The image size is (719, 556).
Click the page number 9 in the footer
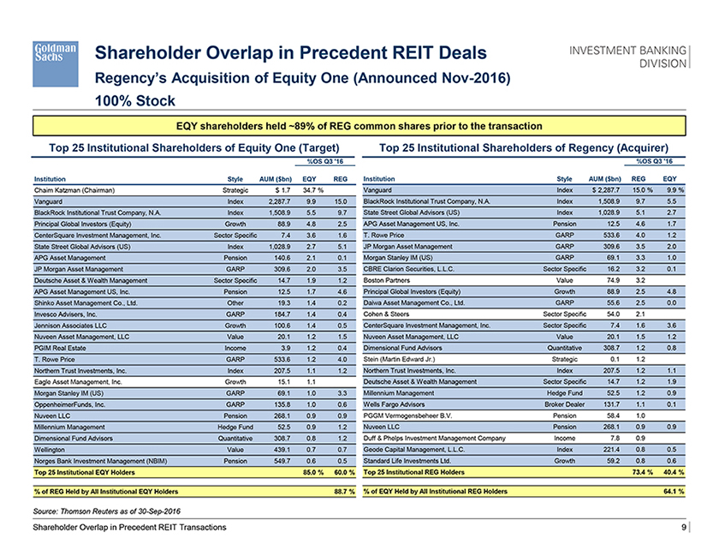(x=684, y=528)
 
